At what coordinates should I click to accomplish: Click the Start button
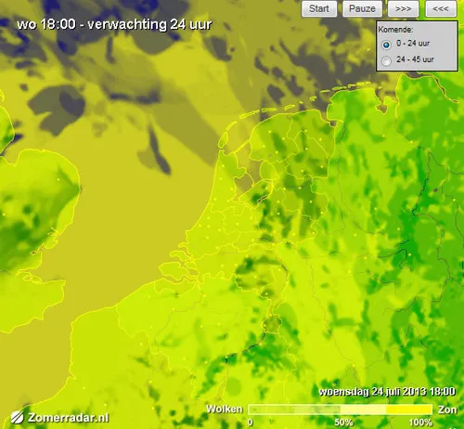coord(319,9)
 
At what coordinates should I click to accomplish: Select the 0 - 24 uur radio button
coord(386,44)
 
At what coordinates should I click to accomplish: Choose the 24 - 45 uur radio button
coord(386,60)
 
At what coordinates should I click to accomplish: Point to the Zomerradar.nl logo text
coord(69,418)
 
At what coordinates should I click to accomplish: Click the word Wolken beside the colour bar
coord(226,409)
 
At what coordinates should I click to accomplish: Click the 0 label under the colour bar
coord(251,422)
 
